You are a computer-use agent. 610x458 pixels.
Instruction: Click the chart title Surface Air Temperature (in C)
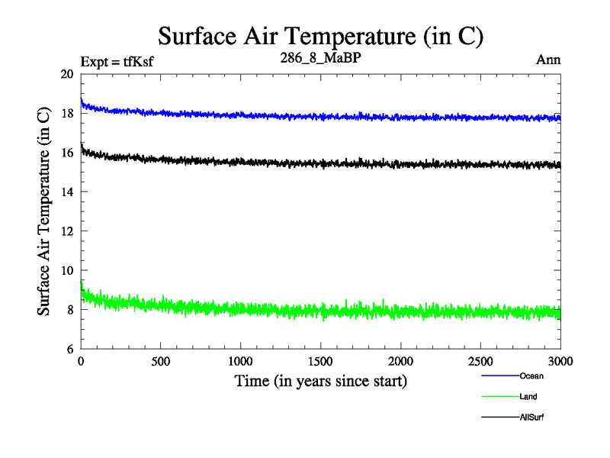tap(320, 35)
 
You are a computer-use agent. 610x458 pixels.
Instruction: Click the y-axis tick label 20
tap(66, 74)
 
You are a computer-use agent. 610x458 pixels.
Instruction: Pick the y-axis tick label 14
tap(66, 192)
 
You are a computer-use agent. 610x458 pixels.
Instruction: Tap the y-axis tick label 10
tap(66, 270)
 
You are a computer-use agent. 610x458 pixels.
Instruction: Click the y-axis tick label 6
tap(69, 349)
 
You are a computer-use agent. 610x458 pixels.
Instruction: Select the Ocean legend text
tap(531, 376)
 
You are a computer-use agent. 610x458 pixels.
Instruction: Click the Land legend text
tap(529, 396)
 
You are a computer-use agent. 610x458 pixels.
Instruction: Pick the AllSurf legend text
tap(531, 417)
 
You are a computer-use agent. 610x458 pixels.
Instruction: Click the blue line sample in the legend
tap(499, 376)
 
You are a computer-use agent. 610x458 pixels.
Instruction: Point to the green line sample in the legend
tap(499, 396)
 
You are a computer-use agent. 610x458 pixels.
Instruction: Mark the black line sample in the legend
tap(499, 417)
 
